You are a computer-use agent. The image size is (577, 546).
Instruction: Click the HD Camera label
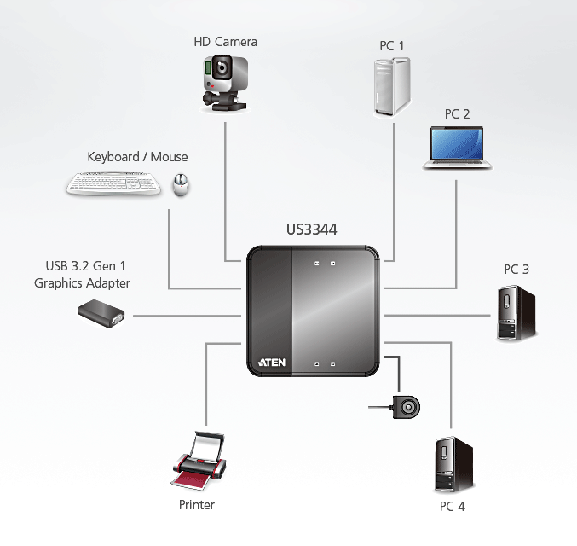[x=224, y=41]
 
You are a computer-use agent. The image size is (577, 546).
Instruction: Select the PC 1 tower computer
[x=392, y=85]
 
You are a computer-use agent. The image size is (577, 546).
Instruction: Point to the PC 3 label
[x=516, y=270]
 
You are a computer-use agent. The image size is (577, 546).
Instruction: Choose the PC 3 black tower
[x=513, y=313]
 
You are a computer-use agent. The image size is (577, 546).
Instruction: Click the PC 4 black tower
[x=451, y=464]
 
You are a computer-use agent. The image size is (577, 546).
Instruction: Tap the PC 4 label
[x=452, y=507]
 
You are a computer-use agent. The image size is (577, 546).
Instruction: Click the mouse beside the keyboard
[x=181, y=184]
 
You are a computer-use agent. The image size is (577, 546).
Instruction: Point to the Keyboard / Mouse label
[x=137, y=157]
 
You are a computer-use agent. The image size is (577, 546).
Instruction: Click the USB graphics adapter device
[x=102, y=314]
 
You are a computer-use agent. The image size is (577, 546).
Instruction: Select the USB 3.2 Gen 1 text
[x=82, y=266]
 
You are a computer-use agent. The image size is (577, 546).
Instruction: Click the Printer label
[x=197, y=505]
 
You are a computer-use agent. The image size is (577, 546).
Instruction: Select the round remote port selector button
[x=407, y=408]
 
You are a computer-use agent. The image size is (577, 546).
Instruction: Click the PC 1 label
[x=392, y=45]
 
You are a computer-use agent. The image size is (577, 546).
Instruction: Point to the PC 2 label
[x=457, y=113]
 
